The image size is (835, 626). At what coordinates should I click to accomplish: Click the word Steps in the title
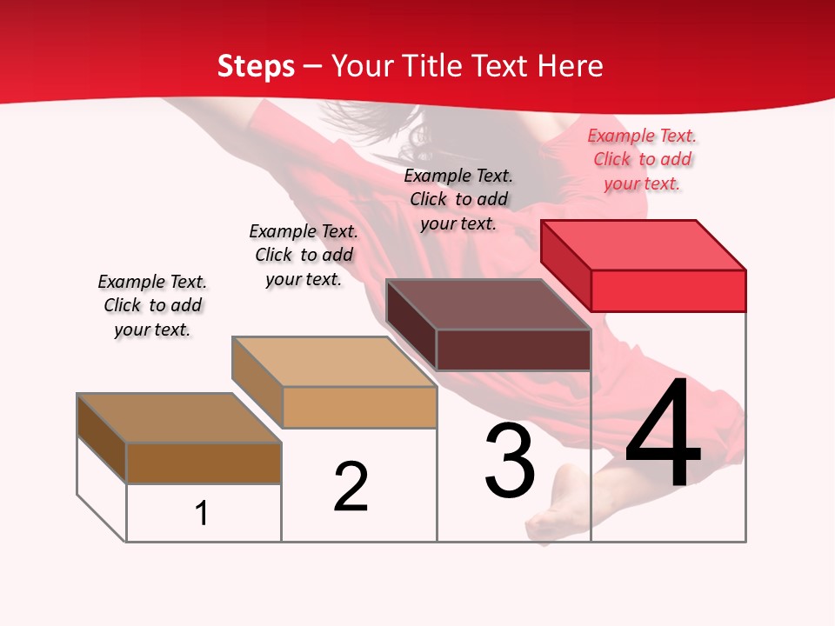(256, 66)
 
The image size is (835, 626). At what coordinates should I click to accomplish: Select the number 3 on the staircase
(510, 461)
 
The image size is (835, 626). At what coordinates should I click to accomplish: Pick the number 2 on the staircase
(351, 487)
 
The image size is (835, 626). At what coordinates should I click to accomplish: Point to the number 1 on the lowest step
(202, 513)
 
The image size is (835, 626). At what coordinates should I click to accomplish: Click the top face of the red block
(644, 244)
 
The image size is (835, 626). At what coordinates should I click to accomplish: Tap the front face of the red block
(668, 290)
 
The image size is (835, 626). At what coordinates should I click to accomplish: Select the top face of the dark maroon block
(489, 304)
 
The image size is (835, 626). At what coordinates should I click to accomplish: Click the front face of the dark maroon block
(513, 350)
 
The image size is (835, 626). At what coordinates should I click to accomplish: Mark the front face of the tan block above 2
(359, 407)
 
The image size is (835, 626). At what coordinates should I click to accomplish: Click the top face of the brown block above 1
(179, 418)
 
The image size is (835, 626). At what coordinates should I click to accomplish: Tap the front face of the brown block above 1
(204, 463)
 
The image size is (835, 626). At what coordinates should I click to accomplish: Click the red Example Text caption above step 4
(642, 159)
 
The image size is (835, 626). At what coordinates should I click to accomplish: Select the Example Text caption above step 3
(458, 199)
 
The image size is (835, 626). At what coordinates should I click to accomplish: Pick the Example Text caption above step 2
(304, 255)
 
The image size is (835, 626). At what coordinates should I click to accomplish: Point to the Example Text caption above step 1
(152, 305)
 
